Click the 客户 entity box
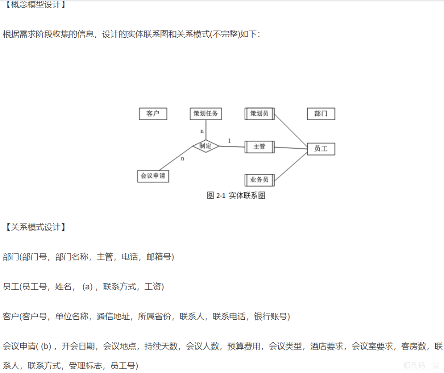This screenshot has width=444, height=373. click(153, 114)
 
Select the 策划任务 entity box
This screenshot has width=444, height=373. click(206, 114)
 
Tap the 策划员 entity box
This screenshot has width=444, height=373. click(259, 114)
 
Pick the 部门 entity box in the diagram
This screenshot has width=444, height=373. click(321, 114)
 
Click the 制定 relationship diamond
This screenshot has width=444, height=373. click(206, 146)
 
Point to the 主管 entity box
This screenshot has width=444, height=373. click(259, 147)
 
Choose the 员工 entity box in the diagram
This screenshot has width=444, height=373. click(321, 149)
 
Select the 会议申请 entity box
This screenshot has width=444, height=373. click(153, 176)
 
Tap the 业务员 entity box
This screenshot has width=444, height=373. click(259, 179)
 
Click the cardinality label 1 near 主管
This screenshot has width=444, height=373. click(230, 140)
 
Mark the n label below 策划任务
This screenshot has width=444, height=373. click(202, 132)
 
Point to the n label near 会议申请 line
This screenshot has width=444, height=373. click(182, 159)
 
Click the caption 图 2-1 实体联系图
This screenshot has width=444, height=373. click(236, 196)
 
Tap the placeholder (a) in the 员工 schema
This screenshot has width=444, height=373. click(87, 287)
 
